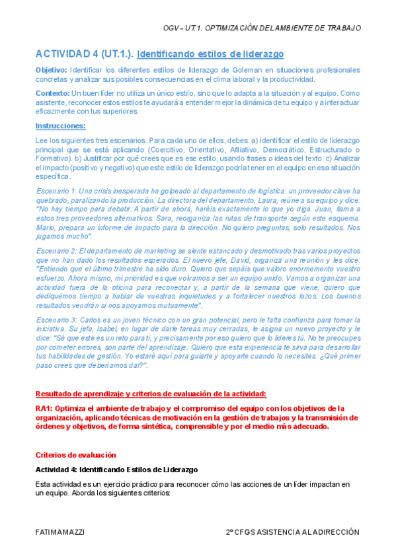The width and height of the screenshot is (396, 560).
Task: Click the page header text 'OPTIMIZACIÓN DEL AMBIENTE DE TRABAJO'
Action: pos(284,28)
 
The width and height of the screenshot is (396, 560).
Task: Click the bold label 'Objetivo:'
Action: pos(51,69)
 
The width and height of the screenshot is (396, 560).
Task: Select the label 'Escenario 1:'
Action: pos(58,191)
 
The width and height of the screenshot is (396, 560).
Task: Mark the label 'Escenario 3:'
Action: pos(58,320)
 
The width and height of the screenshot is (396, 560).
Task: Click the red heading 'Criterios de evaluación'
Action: pos(75,455)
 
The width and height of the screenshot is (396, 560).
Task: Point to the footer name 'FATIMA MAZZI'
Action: pos(61,532)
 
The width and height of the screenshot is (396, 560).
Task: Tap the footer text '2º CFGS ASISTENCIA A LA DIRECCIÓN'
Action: pos(292,532)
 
